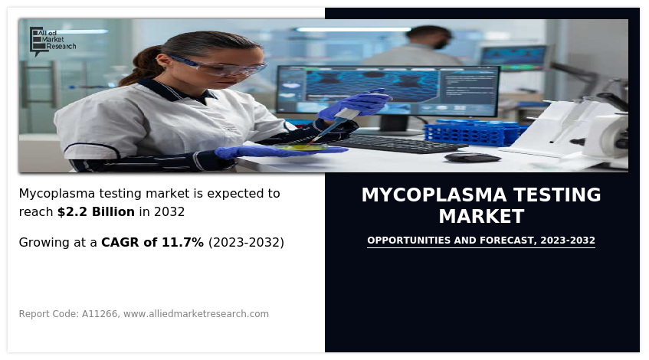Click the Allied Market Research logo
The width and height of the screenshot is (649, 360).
[53, 41]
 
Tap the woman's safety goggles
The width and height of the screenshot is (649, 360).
[219, 67]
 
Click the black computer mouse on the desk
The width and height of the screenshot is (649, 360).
[472, 157]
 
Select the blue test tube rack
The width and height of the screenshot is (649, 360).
[475, 133]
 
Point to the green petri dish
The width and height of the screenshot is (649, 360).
[301, 147]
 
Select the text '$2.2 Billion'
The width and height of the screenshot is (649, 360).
[96, 212]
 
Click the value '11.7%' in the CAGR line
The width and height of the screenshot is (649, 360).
[182, 243]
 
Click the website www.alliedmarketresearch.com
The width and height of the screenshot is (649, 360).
[196, 314]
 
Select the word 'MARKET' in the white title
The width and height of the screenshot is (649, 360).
[482, 217]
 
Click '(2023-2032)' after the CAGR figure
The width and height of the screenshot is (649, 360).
[246, 243]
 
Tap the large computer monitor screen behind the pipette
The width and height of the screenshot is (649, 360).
[388, 90]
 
